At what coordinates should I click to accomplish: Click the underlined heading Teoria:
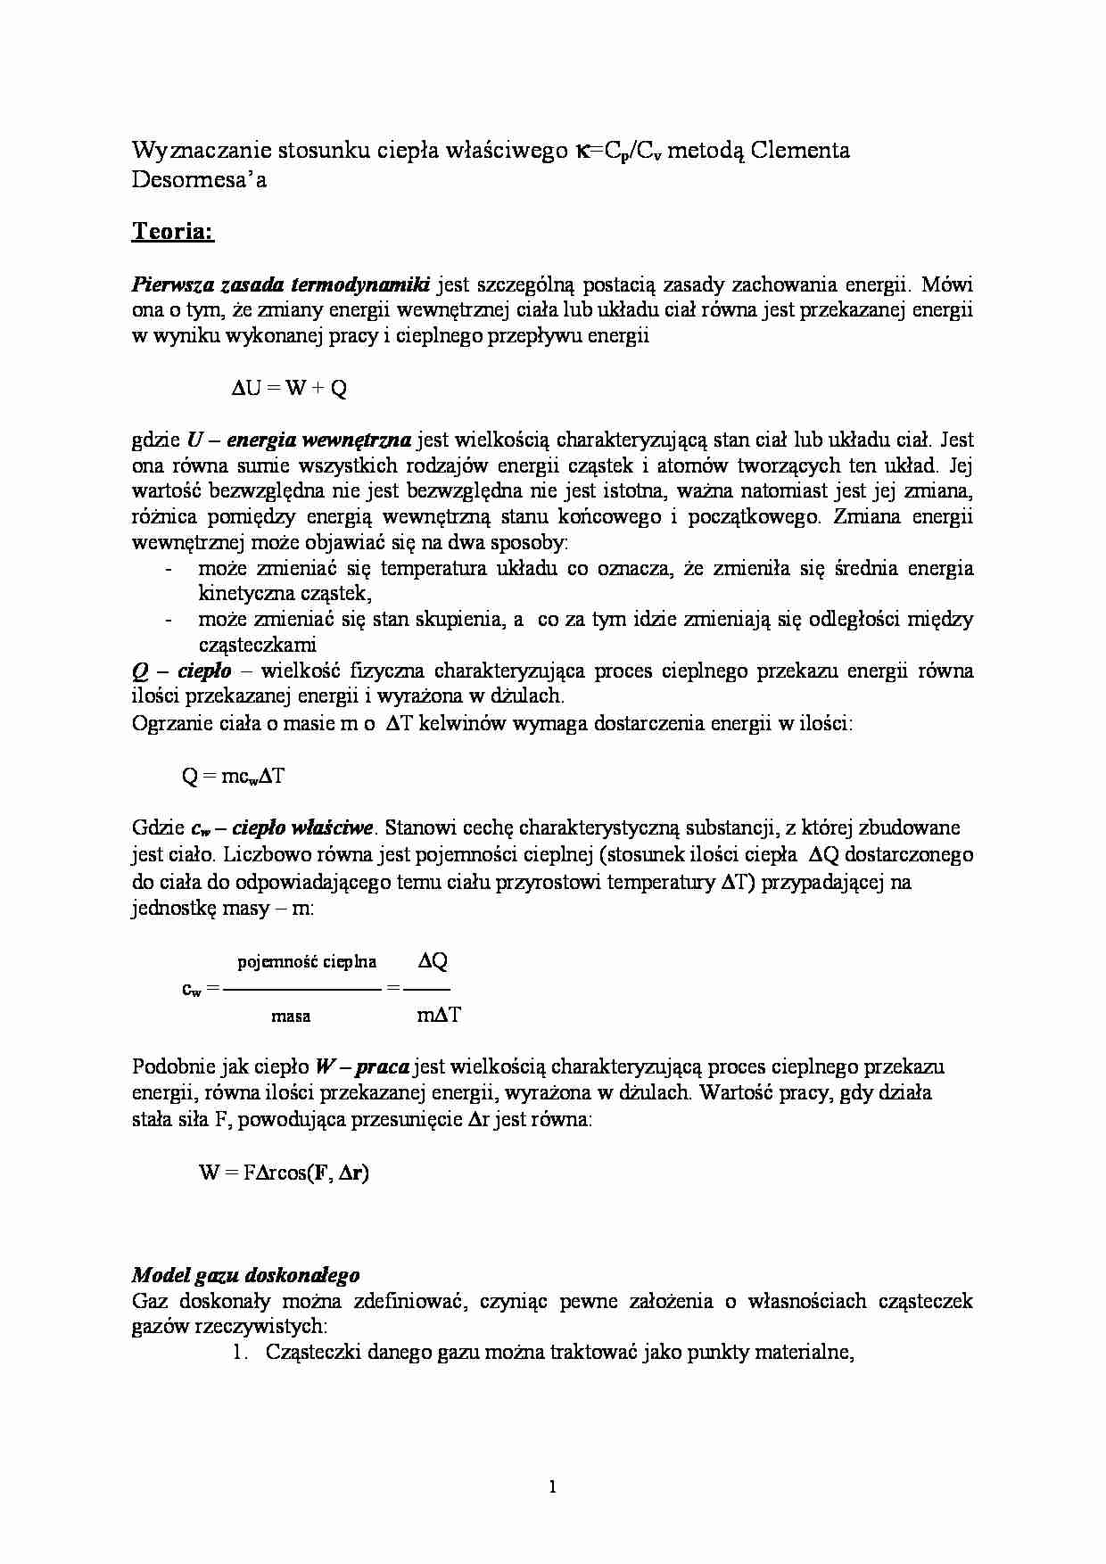tap(172, 232)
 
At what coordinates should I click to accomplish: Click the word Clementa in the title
tap(799, 150)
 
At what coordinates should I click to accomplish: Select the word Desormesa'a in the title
tap(199, 179)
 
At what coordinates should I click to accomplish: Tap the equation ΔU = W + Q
tap(289, 388)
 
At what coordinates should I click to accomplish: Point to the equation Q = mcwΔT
tap(234, 776)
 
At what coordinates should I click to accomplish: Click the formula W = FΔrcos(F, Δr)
tap(284, 1173)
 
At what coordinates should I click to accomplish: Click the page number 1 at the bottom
tap(553, 1486)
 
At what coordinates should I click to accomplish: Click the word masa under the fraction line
tap(291, 1015)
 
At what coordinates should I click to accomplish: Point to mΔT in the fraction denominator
tap(438, 1015)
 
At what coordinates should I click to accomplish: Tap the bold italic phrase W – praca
tap(362, 1066)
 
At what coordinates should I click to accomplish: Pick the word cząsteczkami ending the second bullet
tap(257, 645)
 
